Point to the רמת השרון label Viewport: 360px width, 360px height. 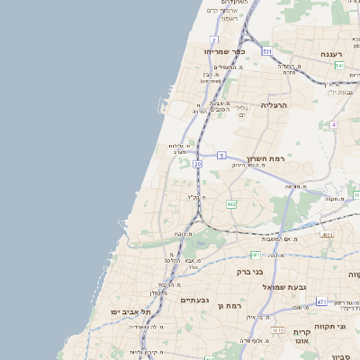click(264, 157)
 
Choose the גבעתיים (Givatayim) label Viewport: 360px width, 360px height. click(194, 300)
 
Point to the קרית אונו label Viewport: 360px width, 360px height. click(302, 337)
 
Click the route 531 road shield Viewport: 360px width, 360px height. click(267, 52)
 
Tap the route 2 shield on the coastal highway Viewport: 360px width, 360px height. click(214, 40)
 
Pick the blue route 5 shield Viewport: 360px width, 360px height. click(220, 155)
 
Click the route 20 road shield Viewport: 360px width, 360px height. click(197, 165)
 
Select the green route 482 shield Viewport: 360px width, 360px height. click(231, 204)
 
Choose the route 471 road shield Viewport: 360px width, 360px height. click(321, 301)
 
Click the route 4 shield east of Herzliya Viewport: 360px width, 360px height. click(333, 124)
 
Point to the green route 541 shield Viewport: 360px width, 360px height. click(339, 66)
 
